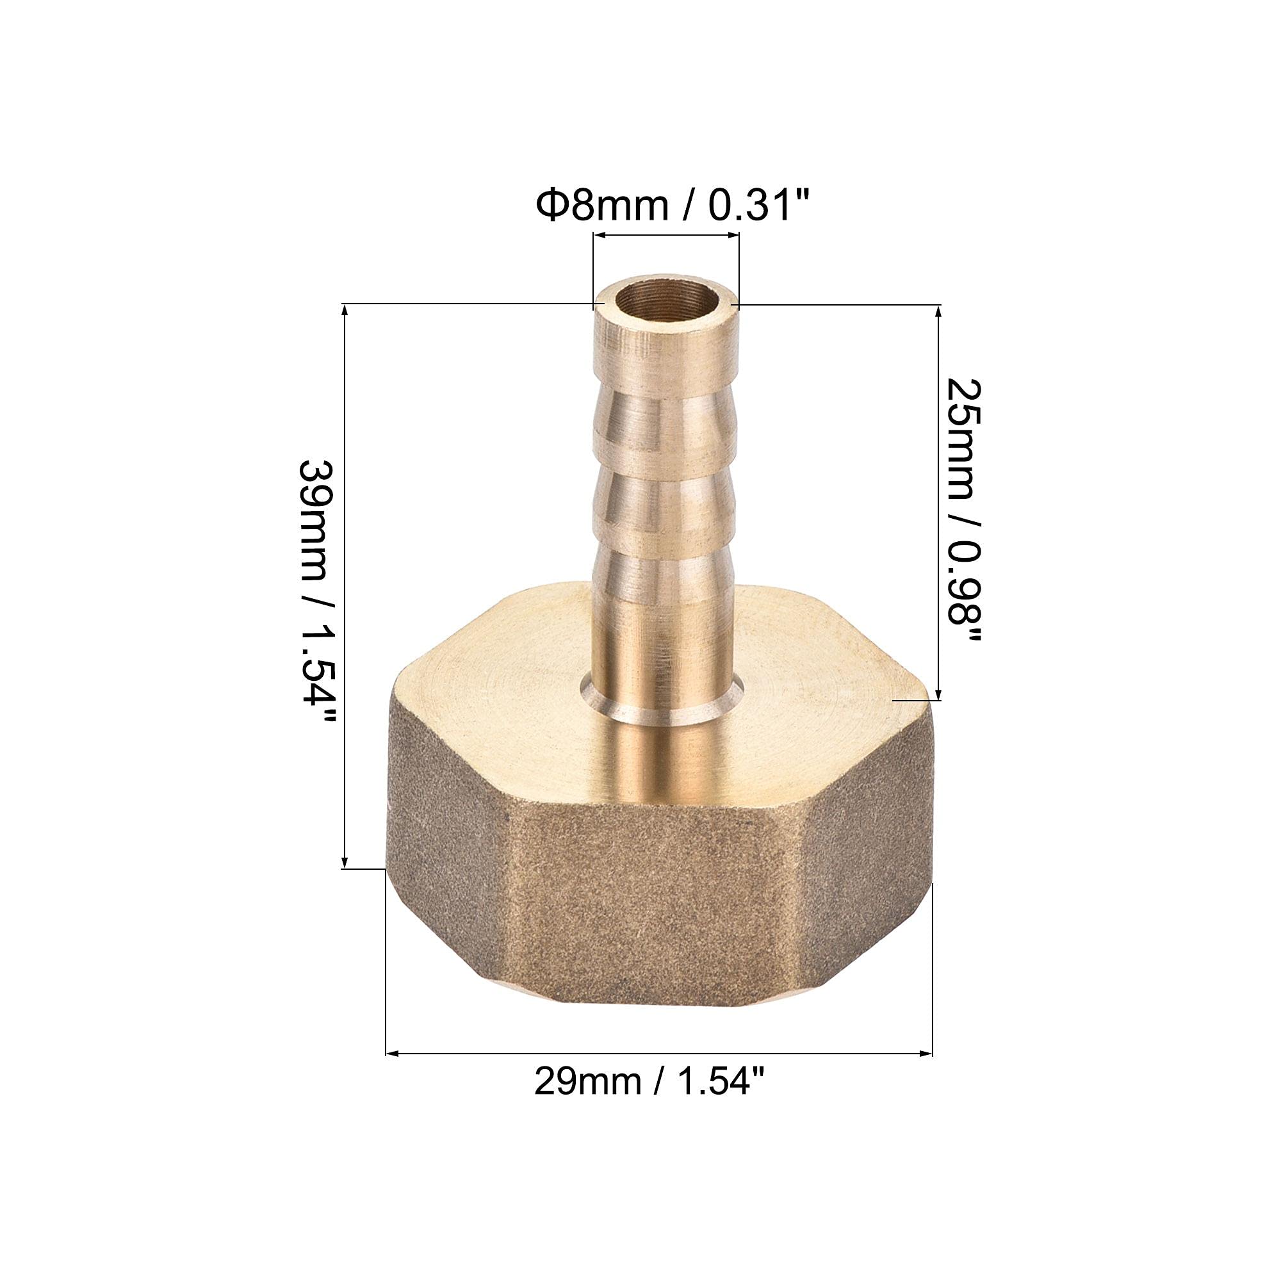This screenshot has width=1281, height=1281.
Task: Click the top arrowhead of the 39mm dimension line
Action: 345,312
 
